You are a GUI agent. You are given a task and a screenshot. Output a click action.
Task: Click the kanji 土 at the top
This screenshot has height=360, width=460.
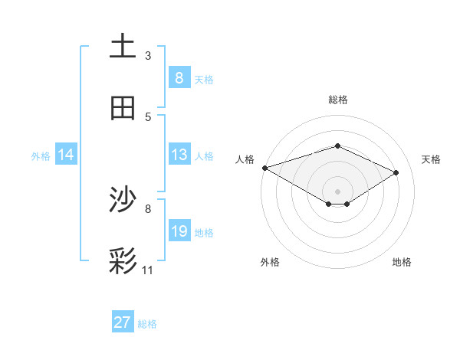[x=123, y=47]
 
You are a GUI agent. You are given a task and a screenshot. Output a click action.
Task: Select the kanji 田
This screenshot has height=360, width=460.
[x=123, y=108]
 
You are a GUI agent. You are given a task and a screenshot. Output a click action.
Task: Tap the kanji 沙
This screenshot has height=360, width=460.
[x=123, y=201]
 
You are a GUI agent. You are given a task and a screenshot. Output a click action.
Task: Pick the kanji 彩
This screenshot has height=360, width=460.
[x=123, y=261]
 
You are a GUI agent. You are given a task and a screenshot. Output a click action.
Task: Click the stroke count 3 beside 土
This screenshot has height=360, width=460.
[x=148, y=55]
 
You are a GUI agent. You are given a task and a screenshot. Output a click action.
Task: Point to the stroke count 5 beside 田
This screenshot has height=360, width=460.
[x=148, y=116]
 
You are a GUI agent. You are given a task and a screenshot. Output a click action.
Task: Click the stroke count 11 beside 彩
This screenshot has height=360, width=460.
[x=148, y=270]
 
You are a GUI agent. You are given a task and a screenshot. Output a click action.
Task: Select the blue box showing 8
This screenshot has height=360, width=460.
[x=179, y=78]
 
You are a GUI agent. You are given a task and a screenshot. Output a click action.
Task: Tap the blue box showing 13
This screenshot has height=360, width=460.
[x=179, y=155]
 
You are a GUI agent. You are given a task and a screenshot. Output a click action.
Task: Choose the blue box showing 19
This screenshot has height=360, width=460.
[x=179, y=231]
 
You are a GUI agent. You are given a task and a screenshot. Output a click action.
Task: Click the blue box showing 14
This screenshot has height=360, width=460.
[x=66, y=155]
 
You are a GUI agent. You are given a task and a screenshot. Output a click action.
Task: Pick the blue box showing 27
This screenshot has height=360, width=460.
[x=122, y=322]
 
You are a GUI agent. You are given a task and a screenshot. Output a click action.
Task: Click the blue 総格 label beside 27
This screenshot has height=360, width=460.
[x=147, y=324]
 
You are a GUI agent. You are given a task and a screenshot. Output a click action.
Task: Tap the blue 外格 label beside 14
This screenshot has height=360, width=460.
[x=41, y=156]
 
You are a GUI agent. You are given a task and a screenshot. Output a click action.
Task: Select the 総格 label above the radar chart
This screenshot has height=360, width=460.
[x=338, y=100]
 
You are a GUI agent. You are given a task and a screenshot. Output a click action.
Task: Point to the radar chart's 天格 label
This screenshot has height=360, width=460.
[x=431, y=159]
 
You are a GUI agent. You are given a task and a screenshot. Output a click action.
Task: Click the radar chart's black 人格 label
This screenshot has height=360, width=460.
[x=245, y=159]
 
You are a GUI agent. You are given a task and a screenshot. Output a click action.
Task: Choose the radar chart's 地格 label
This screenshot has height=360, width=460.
[x=402, y=262]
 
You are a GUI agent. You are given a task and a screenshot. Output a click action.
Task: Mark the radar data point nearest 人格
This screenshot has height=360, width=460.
[x=264, y=168]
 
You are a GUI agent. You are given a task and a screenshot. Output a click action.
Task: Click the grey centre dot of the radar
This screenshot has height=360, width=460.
[x=337, y=191]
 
